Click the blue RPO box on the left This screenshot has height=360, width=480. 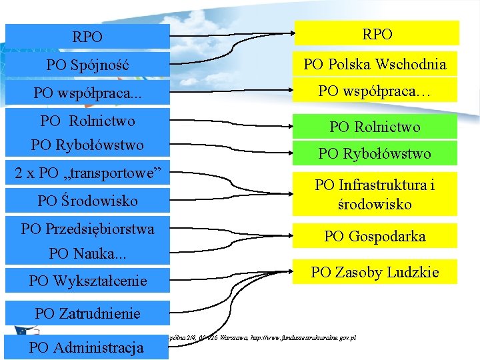(88, 37)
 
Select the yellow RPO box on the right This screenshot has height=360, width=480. (377, 33)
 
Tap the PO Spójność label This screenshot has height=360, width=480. (88, 65)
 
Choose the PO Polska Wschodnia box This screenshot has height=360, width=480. (375, 64)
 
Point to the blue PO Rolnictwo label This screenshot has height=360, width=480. (87, 121)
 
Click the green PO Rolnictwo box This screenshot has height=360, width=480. (375, 127)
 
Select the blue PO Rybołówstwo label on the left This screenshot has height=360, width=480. (87, 145)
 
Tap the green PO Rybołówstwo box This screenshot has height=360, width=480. (375, 153)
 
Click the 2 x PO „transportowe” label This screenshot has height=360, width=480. (88, 173)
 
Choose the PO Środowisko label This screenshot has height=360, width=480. (88, 201)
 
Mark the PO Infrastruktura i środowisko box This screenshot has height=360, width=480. (375, 194)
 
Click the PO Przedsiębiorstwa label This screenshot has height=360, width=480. (88, 229)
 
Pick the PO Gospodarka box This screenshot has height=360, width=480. (375, 236)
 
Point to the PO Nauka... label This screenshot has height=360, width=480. (88, 253)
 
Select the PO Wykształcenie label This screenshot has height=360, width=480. (88, 281)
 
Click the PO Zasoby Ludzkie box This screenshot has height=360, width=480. (375, 272)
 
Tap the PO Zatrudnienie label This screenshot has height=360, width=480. (88, 313)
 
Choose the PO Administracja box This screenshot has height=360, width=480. (87, 347)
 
